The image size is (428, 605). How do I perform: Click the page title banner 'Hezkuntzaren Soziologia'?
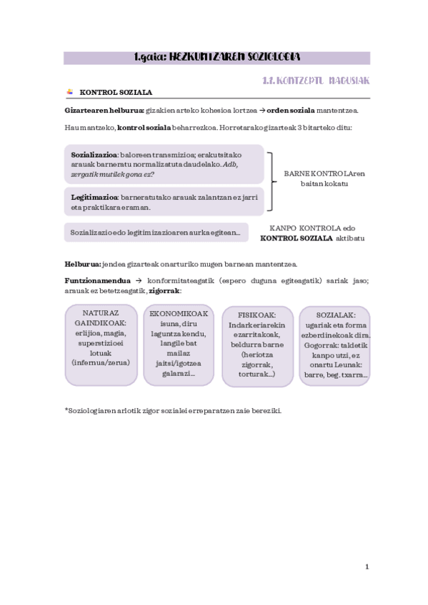pos(217,57)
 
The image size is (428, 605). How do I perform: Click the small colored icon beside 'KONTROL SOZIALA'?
pos(69,92)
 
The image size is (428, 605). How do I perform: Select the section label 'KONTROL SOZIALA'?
pos(116,93)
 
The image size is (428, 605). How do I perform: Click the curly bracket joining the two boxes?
pos(271,183)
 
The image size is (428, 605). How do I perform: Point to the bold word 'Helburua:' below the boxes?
pos(83,263)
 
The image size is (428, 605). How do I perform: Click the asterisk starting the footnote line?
pos(66,409)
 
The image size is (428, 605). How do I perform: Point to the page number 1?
pos(367,567)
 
